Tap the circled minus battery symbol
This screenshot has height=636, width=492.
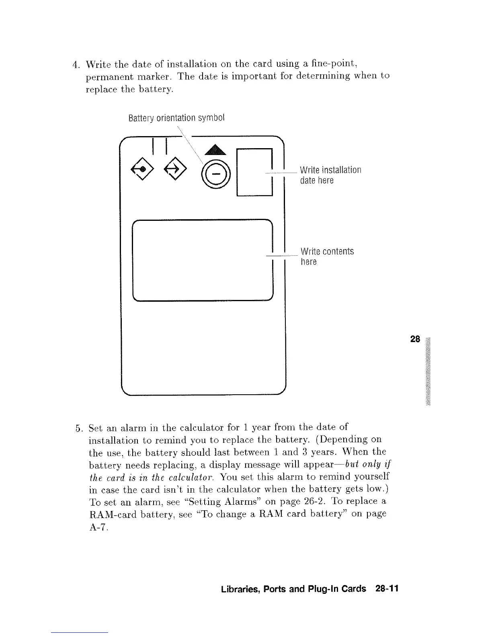coord(216,174)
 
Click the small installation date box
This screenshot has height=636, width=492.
coord(255,172)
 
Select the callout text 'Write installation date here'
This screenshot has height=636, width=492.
coord(330,175)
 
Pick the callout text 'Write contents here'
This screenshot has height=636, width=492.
coord(326,257)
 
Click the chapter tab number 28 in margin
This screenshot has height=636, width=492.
coord(415,339)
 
